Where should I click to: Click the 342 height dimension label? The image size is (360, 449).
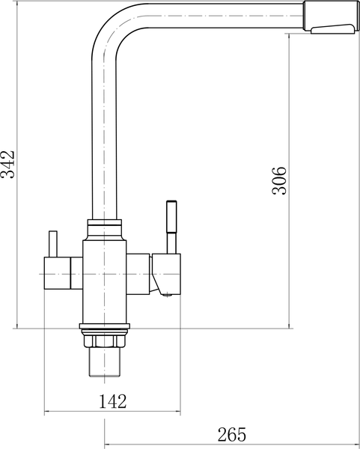click(x=7, y=165)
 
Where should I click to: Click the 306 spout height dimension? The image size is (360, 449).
click(x=279, y=180)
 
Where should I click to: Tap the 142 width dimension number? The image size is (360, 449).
click(x=112, y=401)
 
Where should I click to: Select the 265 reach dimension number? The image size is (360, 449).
click(x=232, y=434)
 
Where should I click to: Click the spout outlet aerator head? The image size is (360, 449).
click(x=330, y=17)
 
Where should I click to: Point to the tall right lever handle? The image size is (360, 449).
click(x=171, y=227)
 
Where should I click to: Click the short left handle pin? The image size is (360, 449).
click(x=53, y=244)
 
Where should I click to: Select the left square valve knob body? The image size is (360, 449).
click(x=58, y=273)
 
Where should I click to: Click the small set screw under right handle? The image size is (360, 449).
click(x=167, y=295)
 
